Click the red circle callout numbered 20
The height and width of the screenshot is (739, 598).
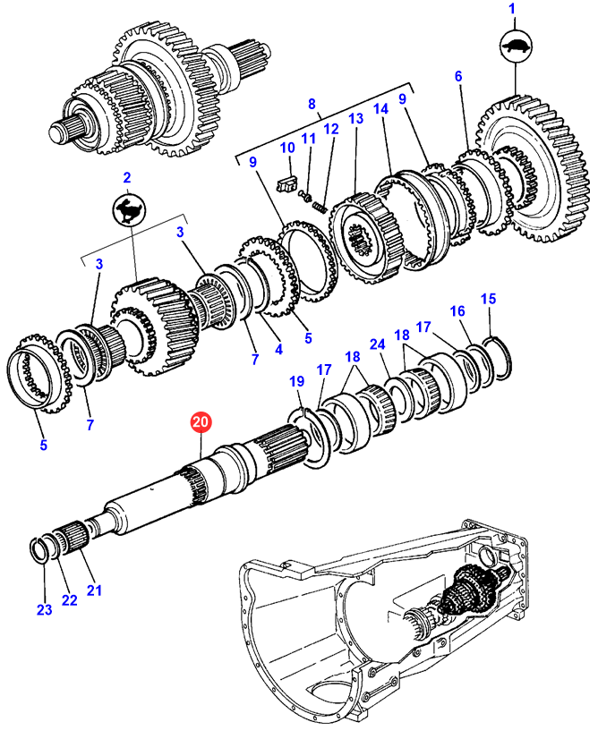pos(201,421)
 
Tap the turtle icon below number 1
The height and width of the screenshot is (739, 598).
pos(515,47)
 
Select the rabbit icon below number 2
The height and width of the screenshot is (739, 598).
pos(129,210)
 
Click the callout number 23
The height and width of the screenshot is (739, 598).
pos(45,610)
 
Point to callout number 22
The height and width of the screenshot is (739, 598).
pos(69,600)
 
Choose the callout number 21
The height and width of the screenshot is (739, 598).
pos(94,590)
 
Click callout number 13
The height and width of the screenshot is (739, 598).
pos(356,118)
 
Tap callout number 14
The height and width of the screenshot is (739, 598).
pos(380,109)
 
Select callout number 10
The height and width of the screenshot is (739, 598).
pos(287,148)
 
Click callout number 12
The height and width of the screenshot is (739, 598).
pos(331,129)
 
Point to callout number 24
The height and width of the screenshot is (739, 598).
pos(377,344)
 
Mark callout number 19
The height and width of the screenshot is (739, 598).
pos(296,381)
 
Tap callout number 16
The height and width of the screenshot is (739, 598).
pos(457,311)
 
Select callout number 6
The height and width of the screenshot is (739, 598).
pos(458,76)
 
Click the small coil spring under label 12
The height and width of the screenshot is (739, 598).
pos(320,207)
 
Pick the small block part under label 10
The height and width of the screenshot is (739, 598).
pos(286,183)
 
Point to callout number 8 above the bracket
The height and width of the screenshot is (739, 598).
pos(312,104)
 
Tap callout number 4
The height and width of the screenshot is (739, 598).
pos(278,349)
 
